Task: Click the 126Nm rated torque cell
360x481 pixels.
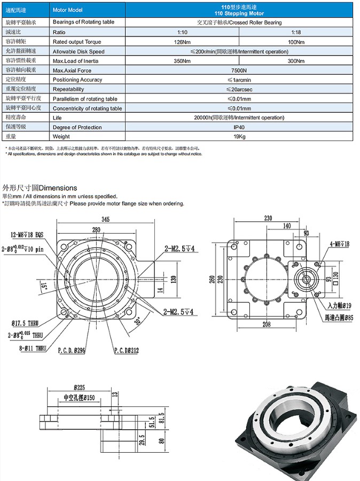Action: pyautogui.click(x=183, y=42)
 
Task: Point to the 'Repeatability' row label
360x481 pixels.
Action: pyautogui.click(x=68, y=89)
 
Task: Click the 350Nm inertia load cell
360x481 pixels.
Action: pyautogui.click(x=183, y=61)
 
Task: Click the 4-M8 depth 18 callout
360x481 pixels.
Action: pyautogui.click(x=339, y=244)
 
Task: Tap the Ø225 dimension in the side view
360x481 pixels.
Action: pyautogui.click(x=82, y=386)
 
